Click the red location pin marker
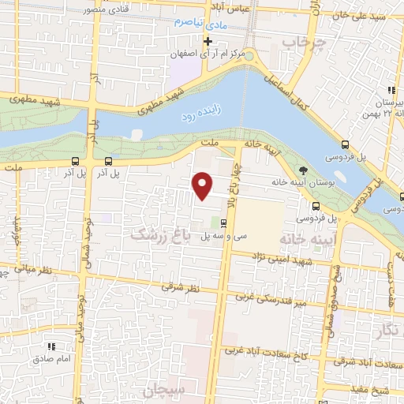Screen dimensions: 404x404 tap(204, 186)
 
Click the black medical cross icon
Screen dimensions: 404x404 tap(208, 41)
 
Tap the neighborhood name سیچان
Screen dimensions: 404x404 tap(161, 390)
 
